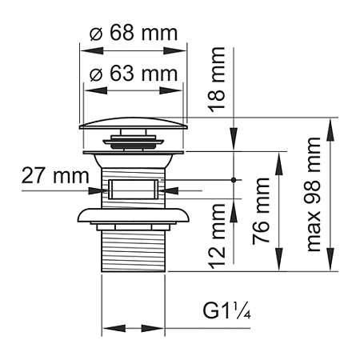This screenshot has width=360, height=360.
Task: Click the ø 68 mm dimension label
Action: (133, 35)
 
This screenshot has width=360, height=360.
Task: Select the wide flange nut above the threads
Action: (134, 216)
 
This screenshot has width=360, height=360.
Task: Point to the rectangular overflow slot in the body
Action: (134, 190)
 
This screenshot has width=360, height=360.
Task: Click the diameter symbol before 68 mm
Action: (96, 35)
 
